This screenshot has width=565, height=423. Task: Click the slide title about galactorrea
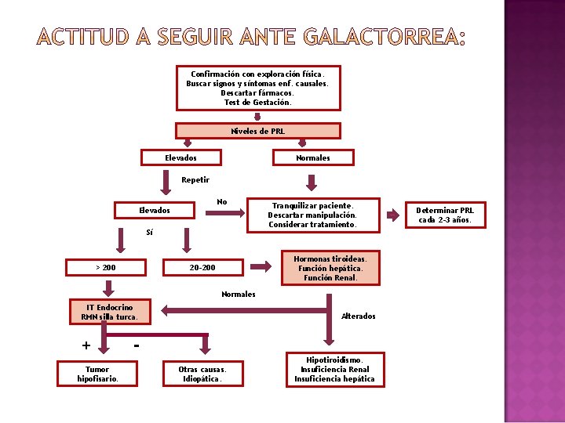pyautogui.click(x=250, y=37)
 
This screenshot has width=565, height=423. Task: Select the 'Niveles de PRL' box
pyautogui.click(x=257, y=131)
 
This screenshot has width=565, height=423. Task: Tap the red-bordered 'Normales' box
pyautogui.click(x=312, y=157)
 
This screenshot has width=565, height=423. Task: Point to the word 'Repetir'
pyautogui.click(x=195, y=180)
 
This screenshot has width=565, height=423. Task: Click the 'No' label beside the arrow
pyautogui.click(x=222, y=202)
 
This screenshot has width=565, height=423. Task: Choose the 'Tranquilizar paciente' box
pyautogui.click(x=312, y=215)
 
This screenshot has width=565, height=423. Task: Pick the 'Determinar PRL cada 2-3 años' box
pyautogui.click(x=445, y=215)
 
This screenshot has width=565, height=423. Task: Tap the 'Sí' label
pyautogui.click(x=149, y=233)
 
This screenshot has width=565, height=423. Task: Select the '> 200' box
pyautogui.click(x=106, y=268)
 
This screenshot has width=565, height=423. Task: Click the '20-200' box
pyautogui.click(x=202, y=268)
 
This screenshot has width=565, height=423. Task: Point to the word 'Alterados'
pyautogui.click(x=359, y=316)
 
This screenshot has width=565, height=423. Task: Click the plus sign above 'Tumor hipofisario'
pyautogui.click(x=86, y=345)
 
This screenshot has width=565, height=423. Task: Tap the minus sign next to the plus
pyautogui.click(x=137, y=344)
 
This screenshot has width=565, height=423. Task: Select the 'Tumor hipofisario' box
pyautogui.click(x=97, y=374)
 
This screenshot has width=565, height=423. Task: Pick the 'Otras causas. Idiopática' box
pyautogui.click(x=202, y=374)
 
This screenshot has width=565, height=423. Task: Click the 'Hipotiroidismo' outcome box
pyautogui.click(x=334, y=369)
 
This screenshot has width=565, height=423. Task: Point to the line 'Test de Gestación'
pyautogui.click(x=257, y=103)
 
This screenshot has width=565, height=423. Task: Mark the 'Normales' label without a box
pyautogui.click(x=238, y=295)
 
